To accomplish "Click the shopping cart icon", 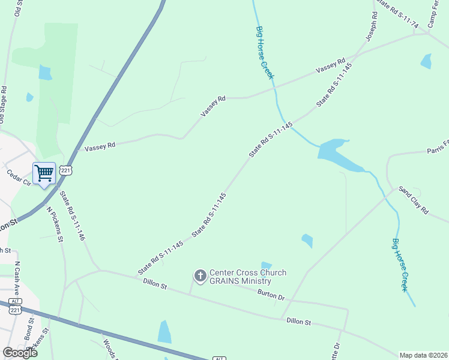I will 44,174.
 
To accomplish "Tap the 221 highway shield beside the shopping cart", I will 67,171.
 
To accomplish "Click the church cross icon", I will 200,276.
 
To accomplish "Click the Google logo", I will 20,353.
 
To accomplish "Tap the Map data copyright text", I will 424,355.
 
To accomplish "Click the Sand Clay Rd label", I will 414,202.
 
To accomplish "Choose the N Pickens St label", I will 55,224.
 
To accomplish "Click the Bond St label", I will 28,329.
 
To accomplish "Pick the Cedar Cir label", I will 17,178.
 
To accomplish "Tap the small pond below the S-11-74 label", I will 426,61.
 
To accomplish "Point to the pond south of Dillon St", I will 164,332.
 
